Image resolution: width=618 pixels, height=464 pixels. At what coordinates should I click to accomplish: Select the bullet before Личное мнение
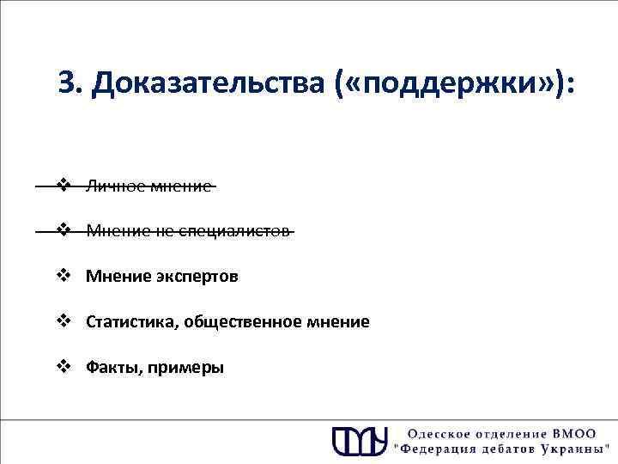coord(63,184)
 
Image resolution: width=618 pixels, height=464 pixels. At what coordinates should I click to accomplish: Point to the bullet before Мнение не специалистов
coord(63,230)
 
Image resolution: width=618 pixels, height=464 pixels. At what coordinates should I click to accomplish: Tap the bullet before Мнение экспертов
coord(63,276)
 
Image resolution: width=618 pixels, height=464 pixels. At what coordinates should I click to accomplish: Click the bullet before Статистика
coord(63,321)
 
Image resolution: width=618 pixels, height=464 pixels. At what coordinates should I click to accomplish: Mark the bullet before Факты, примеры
coord(63,367)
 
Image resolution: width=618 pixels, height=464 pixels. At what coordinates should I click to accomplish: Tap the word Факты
coord(112,368)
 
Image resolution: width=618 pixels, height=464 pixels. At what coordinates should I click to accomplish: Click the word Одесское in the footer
coord(438,434)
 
